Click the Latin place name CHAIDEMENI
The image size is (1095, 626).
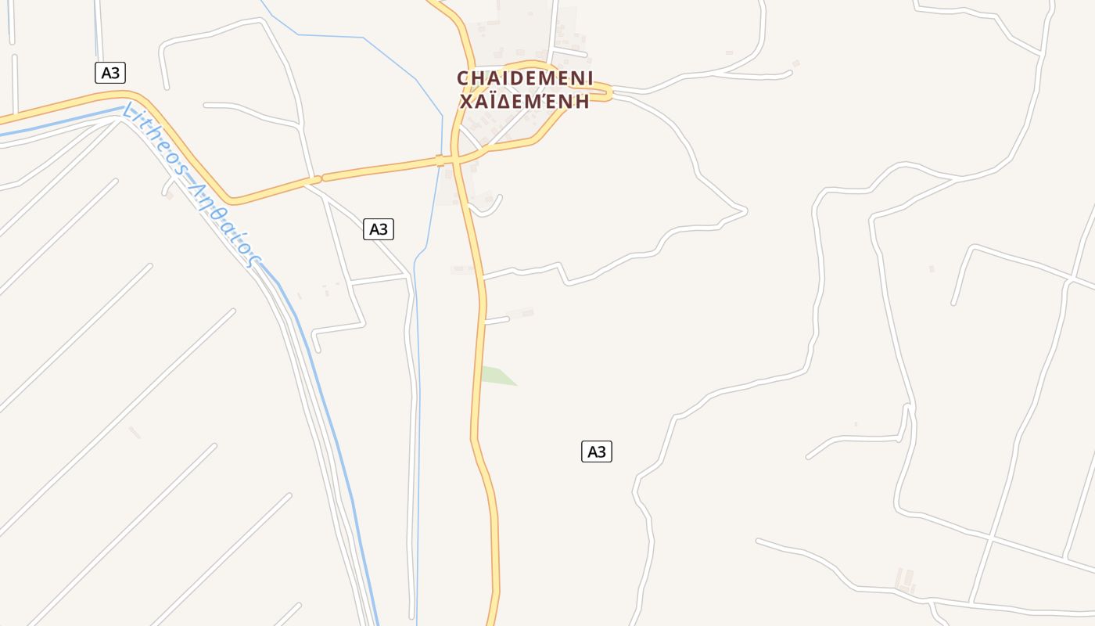pyautogui.click(x=525, y=78)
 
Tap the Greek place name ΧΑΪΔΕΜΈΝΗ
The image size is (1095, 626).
pyautogui.click(x=525, y=102)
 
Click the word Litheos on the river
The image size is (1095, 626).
pyautogui.click(x=153, y=146)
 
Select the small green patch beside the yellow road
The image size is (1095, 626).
pyautogui.click(x=494, y=376)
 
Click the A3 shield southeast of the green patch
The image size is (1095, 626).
pyautogui.click(x=597, y=452)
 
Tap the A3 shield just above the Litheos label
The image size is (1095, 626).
pyautogui.click(x=110, y=73)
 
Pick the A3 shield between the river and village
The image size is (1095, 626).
pyautogui.click(x=379, y=229)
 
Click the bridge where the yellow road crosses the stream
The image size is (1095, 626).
pyautogui.click(x=440, y=160)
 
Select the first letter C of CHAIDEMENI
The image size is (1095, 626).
pyautogui.click(x=463, y=78)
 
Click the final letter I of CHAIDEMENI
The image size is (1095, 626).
pyautogui.click(x=589, y=78)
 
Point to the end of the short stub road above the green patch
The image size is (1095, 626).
pyautogui.click(x=508, y=318)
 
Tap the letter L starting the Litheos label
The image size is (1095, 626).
pyautogui.click(x=127, y=111)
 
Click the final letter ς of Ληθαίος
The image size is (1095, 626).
pyautogui.click(x=255, y=261)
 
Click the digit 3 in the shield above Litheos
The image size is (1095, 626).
pyautogui.click(x=115, y=73)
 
